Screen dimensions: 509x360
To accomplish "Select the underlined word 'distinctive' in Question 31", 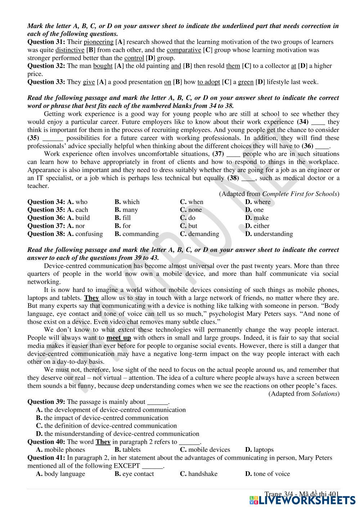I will [70, 50].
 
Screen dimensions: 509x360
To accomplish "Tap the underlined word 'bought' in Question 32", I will [103, 66].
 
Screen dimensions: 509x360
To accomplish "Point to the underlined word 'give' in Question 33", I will [89, 82].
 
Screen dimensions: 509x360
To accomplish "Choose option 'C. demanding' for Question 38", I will [199, 234].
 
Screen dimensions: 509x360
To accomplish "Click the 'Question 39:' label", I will [46, 402].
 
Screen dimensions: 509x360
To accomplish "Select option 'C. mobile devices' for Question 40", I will [205, 450].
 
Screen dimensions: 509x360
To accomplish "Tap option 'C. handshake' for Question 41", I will [199, 474].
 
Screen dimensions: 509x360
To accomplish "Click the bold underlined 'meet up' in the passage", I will [119, 338].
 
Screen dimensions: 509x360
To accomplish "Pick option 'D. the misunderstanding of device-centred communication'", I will [117, 434].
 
